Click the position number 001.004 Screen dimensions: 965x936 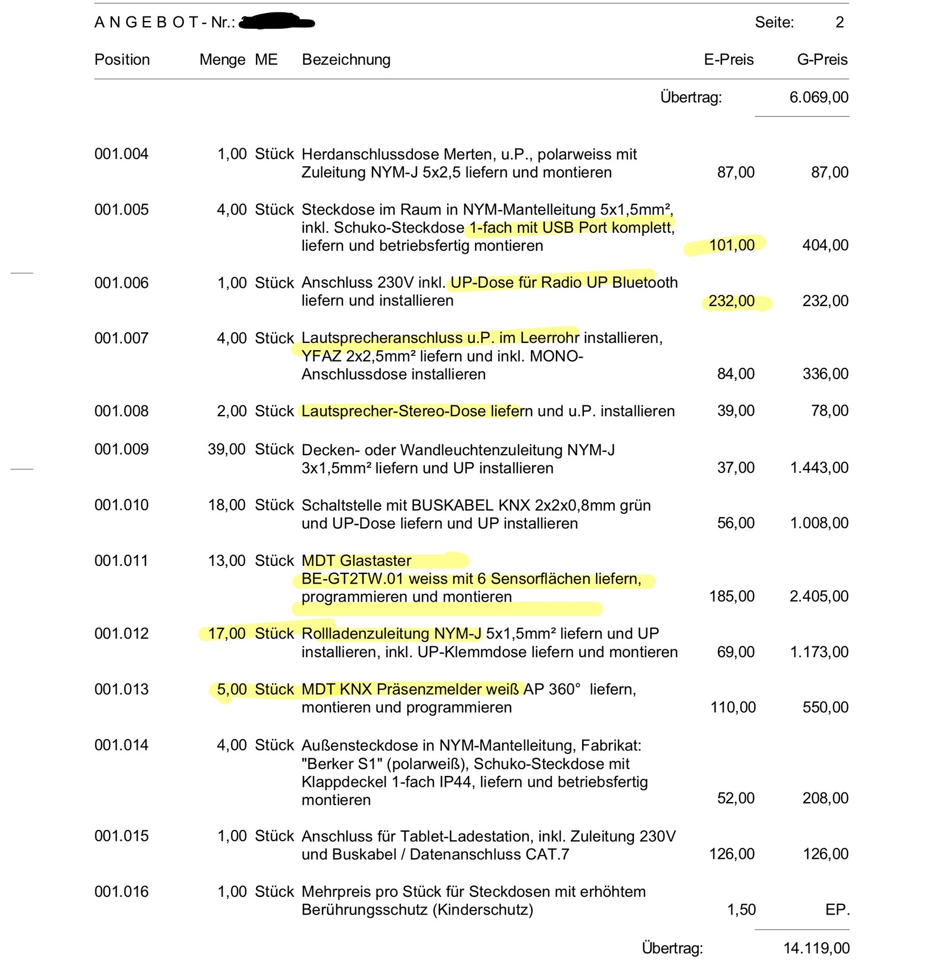click(x=121, y=154)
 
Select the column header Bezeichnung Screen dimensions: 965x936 click(x=346, y=60)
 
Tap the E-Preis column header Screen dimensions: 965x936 click(x=729, y=60)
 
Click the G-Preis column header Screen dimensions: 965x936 click(x=822, y=60)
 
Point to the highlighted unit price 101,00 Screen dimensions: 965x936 click(x=732, y=245)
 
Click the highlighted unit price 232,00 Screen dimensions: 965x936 click(x=732, y=301)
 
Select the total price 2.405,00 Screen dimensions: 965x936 click(x=819, y=596)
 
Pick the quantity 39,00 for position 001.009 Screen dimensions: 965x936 click(x=227, y=450)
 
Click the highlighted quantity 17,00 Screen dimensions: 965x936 click(x=227, y=633)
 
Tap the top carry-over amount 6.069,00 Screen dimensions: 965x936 click(x=819, y=97)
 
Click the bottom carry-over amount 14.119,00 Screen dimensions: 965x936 click(x=817, y=948)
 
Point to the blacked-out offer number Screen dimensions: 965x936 click(x=277, y=23)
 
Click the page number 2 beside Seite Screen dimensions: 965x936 click(x=839, y=23)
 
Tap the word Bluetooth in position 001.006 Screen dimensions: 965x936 click(x=645, y=283)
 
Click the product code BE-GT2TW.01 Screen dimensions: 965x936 click(x=353, y=579)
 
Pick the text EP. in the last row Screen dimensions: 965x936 click(x=837, y=910)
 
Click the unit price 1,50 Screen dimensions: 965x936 click(x=741, y=910)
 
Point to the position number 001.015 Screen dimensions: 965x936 click(x=121, y=836)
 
